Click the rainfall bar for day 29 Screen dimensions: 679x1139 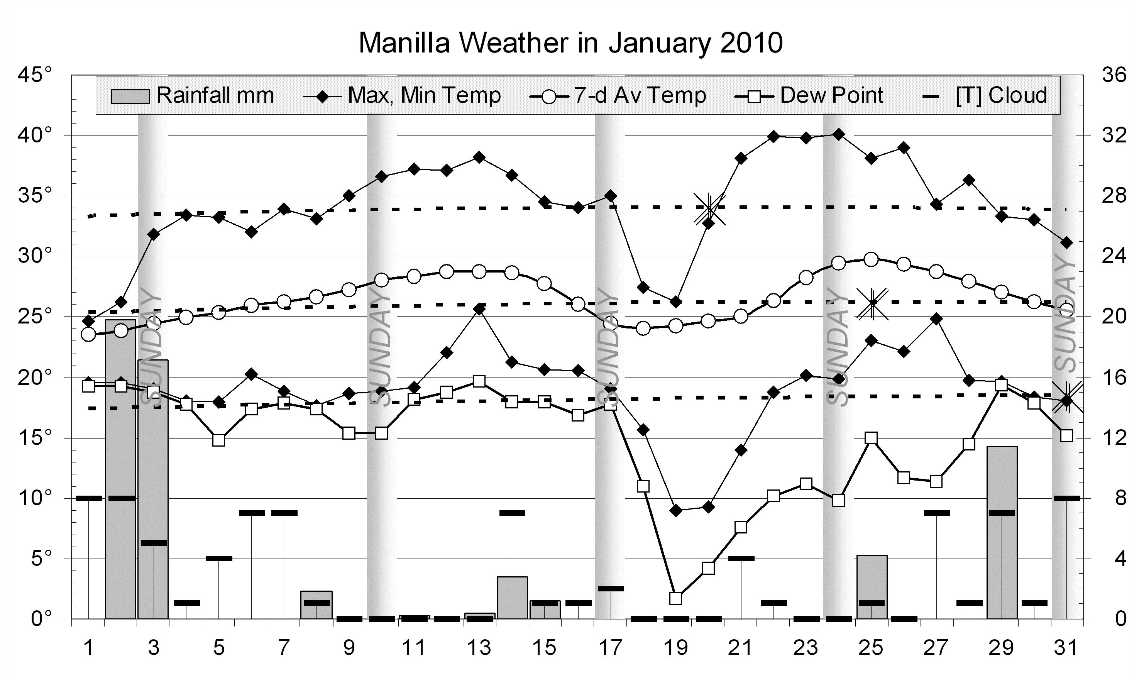pos(1002,533)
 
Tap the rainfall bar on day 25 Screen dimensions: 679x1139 pos(872,587)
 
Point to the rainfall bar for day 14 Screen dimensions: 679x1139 pos(512,598)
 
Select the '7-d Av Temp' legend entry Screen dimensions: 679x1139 pos(618,96)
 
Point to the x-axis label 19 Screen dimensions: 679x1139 pos(675,648)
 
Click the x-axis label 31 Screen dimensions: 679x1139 pos(1066,648)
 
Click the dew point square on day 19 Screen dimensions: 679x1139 pos(675,598)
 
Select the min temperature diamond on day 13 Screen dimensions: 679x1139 pos(479,309)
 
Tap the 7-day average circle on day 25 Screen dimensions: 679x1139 pos(872,259)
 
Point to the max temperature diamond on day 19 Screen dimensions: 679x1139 pos(675,302)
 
